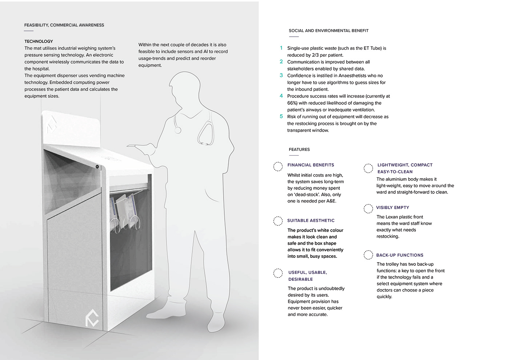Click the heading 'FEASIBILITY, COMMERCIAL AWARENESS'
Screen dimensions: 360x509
(64, 25)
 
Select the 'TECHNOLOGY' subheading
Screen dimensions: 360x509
(39, 41)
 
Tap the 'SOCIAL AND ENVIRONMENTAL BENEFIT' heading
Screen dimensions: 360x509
(328, 31)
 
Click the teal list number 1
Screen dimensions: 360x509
(281, 48)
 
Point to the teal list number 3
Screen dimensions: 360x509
(281, 75)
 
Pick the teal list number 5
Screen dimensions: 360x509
(281, 116)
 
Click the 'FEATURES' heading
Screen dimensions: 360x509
(299, 149)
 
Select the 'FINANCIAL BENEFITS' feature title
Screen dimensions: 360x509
(310, 165)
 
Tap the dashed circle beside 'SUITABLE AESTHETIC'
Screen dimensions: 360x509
(278, 221)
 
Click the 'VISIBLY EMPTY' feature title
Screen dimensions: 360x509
(392, 208)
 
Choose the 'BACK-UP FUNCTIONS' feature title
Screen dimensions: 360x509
(400, 255)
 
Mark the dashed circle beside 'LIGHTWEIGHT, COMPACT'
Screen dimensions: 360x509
(368, 168)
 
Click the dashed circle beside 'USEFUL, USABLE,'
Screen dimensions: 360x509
(278, 273)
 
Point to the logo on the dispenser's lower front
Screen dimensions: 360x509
(92, 317)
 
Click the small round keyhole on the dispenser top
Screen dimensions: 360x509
(97, 167)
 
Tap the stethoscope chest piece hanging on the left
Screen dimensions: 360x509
(178, 130)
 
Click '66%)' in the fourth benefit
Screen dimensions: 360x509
(292, 103)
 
